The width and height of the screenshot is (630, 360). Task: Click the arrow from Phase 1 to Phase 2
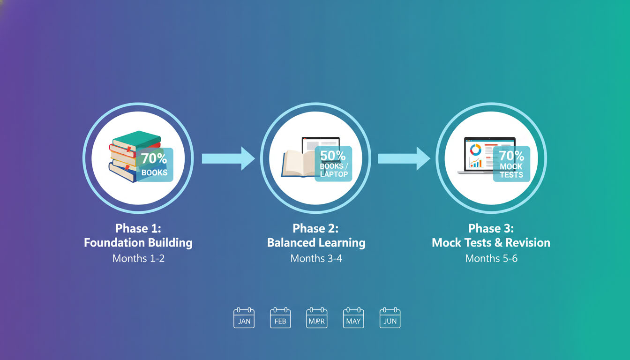point(228,158)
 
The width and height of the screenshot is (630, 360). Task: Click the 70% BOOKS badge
point(155,165)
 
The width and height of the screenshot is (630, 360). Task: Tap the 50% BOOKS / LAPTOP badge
point(333,164)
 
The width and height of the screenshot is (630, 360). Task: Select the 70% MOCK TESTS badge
point(511,164)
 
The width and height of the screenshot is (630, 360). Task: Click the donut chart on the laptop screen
point(475,150)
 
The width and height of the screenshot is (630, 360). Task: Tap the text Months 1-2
point(138,258)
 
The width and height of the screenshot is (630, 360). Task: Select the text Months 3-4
point(316,258)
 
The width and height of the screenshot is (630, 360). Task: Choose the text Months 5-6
point(491,258)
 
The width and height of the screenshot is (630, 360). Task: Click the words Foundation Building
point(138,243)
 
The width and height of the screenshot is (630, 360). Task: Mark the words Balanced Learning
point(316,243)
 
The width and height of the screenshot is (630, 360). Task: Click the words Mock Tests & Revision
point(491,243)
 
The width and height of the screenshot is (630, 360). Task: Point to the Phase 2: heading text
point(315,228)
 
